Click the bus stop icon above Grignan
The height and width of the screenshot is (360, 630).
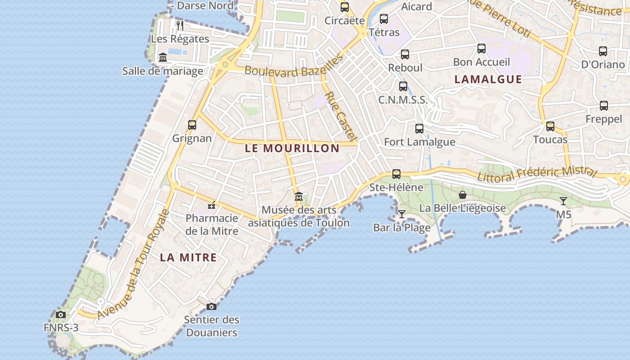pos(192,125)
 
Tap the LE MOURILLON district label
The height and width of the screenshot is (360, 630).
pos(292,148)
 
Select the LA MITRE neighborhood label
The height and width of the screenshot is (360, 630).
pos(189,258)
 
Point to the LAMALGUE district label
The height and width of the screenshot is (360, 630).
pos(488,80)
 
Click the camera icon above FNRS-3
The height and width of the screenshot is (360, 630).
pos(61,315)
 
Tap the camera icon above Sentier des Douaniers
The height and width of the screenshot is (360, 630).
pos(211,307)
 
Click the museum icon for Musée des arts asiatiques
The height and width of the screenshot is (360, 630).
pos(299,197)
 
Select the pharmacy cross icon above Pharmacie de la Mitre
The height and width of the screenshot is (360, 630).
pos(211,206)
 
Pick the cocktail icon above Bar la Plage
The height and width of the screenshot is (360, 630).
pos(402,214)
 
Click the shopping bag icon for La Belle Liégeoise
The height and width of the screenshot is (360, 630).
pos(462,195)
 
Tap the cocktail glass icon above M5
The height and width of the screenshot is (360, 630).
pos(563,201)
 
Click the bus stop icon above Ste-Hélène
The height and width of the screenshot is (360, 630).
pos(396,174)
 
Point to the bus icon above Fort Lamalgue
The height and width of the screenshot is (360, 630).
pos(419,129)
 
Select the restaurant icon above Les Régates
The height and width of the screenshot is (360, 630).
pos(180,25)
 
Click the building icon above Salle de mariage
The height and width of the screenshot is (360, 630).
pos(163,58)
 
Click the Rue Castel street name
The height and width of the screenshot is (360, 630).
pos(341,117)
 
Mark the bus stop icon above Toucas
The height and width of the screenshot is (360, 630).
pos(550,126)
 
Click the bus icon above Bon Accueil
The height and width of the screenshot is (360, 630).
pos(481,49)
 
